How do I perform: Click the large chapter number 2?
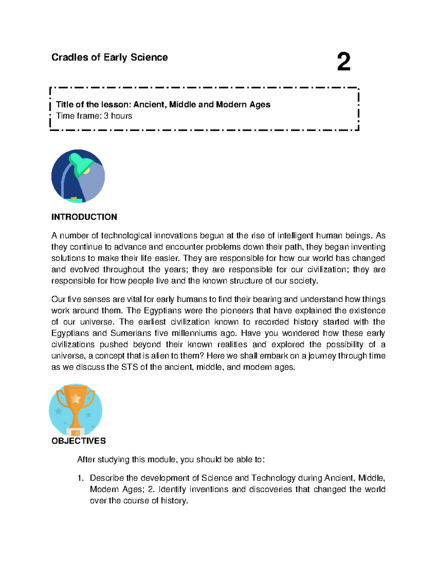coord(343,62)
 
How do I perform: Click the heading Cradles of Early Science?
coord(110,57)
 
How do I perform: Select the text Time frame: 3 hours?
coord(94,116)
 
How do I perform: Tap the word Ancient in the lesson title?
coord(150,105)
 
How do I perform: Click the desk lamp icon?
coord(78,176)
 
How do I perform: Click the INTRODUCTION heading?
coord(84,217)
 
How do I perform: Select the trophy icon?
coord(75,410)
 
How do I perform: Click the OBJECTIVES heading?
coord(79,441)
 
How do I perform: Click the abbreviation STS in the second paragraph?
coord(130,367)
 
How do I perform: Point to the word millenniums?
coord(194,333)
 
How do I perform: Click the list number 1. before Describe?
coord(80,478)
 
